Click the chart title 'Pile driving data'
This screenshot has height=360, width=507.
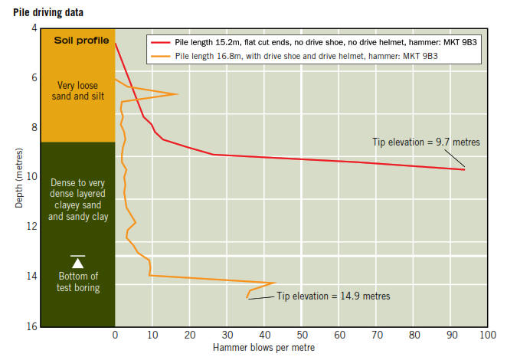[48, 13]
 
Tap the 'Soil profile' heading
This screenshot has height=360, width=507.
[81, 40]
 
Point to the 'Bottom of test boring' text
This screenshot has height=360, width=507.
[78, 281]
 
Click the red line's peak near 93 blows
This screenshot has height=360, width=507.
[464, 169]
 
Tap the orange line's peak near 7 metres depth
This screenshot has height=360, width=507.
[178, 94]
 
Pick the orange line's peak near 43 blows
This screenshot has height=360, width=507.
[274, 283]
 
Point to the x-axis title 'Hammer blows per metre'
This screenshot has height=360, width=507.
[265, 348]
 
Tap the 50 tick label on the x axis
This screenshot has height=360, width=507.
[302, 335]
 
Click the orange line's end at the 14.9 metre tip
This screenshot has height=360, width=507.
[247, 297]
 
